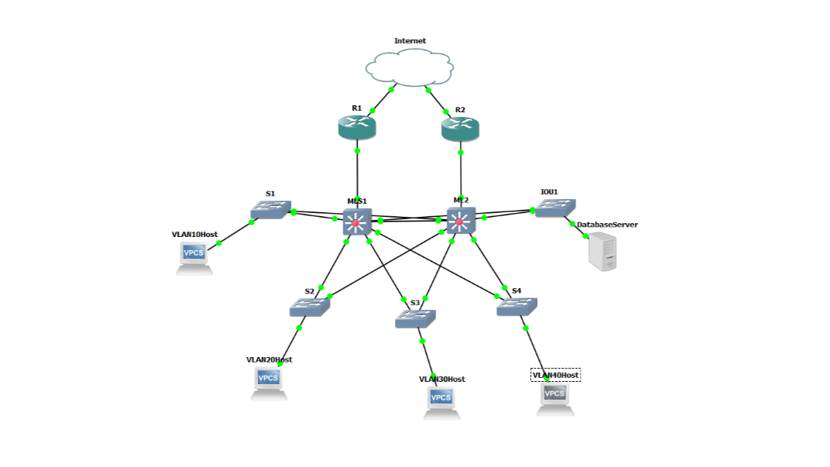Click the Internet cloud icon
[410, 67]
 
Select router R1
[357, 128]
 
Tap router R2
[460, 129]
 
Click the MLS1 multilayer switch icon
[357, 222]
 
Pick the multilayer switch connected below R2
[461, 221]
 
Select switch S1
[270, 210]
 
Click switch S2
[310, 307]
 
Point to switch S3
[415, 318]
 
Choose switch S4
[516, 307]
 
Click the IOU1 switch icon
[555, 208]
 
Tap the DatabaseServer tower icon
[602, 252]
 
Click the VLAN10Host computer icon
[194, 257]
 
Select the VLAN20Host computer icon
[269, 382]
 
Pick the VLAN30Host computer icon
[441, 402]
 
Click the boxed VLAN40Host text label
[555, 375]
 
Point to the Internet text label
[410, 41]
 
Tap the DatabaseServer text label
[606, 225]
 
